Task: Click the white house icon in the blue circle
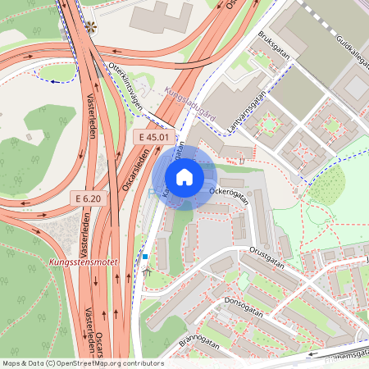184,176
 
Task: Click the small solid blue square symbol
145,257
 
